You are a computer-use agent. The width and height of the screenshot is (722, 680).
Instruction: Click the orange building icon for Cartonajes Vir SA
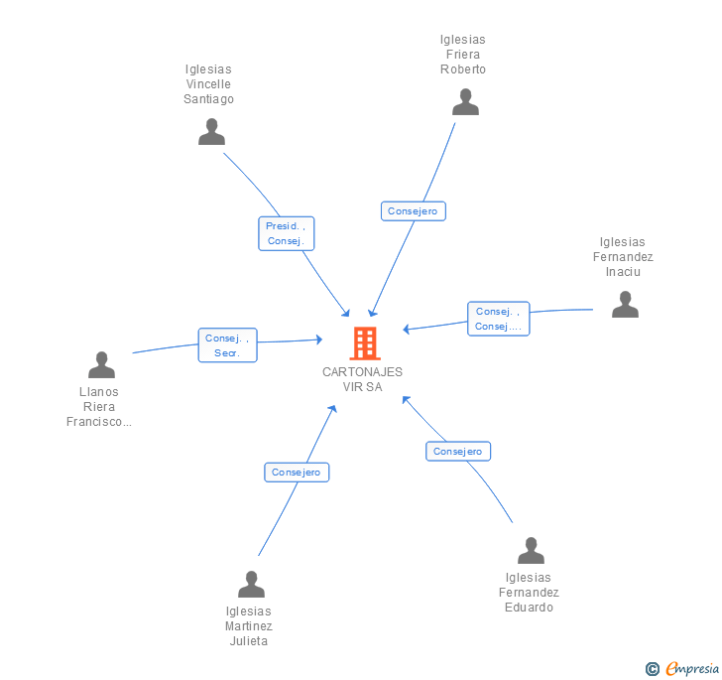[364, 343]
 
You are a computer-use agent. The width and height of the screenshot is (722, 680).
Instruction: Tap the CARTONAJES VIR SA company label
[362, 379]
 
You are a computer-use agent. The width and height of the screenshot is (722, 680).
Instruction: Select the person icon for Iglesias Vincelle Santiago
[211, 132]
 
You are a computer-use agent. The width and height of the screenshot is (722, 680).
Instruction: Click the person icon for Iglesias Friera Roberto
[465, 102]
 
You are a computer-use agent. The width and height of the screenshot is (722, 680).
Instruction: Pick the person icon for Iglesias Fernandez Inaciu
[625, 304]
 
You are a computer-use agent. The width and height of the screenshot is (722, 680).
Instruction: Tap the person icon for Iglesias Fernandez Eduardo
[531, 550]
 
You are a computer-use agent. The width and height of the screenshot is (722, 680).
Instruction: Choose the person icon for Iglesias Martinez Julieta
[251, 585]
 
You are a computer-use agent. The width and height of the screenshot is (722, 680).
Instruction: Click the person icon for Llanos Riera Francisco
[101, 365]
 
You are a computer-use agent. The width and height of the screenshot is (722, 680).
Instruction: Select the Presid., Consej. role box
[287, 233]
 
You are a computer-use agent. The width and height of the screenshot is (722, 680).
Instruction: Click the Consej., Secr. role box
[227, 345]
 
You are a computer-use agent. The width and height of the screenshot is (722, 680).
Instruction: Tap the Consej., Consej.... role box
[498, 319]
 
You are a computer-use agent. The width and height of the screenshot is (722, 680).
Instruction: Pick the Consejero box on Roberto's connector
[414, 211]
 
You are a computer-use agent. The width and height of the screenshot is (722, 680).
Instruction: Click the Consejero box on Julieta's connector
[297, 473]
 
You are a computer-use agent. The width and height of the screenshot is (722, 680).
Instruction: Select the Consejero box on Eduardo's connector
[458, 452]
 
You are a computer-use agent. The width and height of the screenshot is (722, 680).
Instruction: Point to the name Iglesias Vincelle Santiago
[208, 84]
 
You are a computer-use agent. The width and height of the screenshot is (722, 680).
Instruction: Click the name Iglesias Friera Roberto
[463, 55]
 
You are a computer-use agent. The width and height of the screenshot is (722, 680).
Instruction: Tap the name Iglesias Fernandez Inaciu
[623, 257]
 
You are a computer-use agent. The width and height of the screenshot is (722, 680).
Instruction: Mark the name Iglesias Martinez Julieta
[248, 626]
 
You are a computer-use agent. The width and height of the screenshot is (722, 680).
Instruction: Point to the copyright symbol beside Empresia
[653, 669]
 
